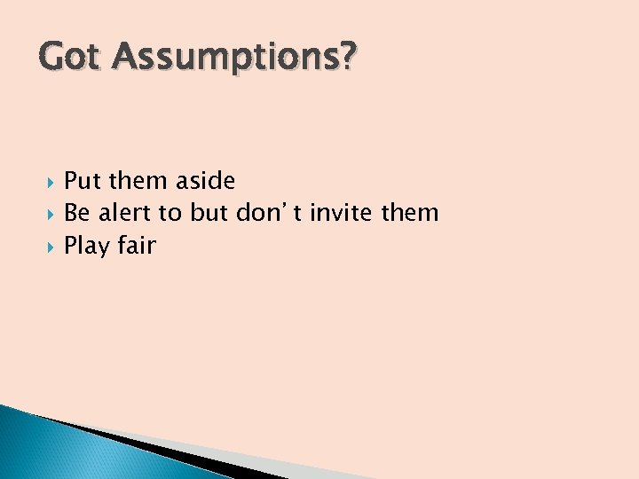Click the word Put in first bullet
click(83, 181)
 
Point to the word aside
click(205, 181)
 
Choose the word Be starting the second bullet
click(77, 213)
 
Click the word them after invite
click(410, 213)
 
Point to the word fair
click(136, 246)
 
